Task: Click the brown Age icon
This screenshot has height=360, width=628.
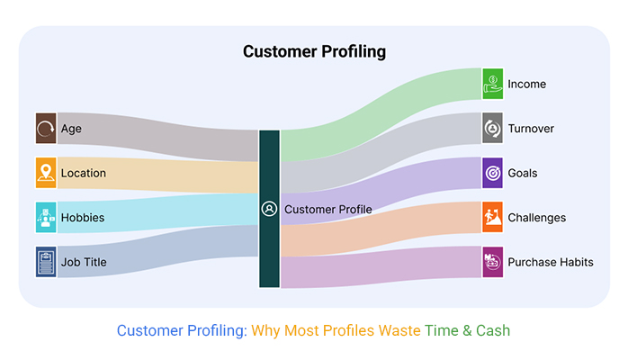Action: click(x=46, y=129)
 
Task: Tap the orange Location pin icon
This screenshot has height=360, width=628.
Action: click(x=46, y=173)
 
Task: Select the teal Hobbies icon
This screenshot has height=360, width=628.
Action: click(x=46, y=218)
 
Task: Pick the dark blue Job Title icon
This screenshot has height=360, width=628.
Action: click(x=46, y=262)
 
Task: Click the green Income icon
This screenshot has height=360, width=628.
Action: click(x=493, y=84)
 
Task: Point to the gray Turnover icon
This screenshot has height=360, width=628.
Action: click(x=493, y=128)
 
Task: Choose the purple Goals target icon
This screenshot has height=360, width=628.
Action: click(x=493, y=173)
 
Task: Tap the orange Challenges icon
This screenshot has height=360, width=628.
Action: click(x=493, y=218)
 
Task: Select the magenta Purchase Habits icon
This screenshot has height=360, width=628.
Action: click(x=493, y=262)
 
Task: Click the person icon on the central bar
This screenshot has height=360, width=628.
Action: click(x=269, y=209)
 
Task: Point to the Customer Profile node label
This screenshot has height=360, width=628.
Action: click(x=328, y=210)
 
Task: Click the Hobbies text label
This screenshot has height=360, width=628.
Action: click(x=83, y=218)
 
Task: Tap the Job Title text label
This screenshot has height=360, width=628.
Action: click(x=84, y=262)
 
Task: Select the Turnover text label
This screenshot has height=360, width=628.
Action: click(x=531, y=129)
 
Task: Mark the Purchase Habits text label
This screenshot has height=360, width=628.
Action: click(x=551, y=262)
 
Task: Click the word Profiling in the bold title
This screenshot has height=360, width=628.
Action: click(x=354, y=52)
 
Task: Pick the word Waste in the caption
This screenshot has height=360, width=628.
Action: click(x=399, y=331)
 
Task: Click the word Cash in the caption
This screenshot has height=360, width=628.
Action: click(x=493, y=331)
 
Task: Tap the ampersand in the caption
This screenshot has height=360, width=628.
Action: click(x=467, y=331)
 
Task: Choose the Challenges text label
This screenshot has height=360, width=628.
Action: click(x=537, y=218)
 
